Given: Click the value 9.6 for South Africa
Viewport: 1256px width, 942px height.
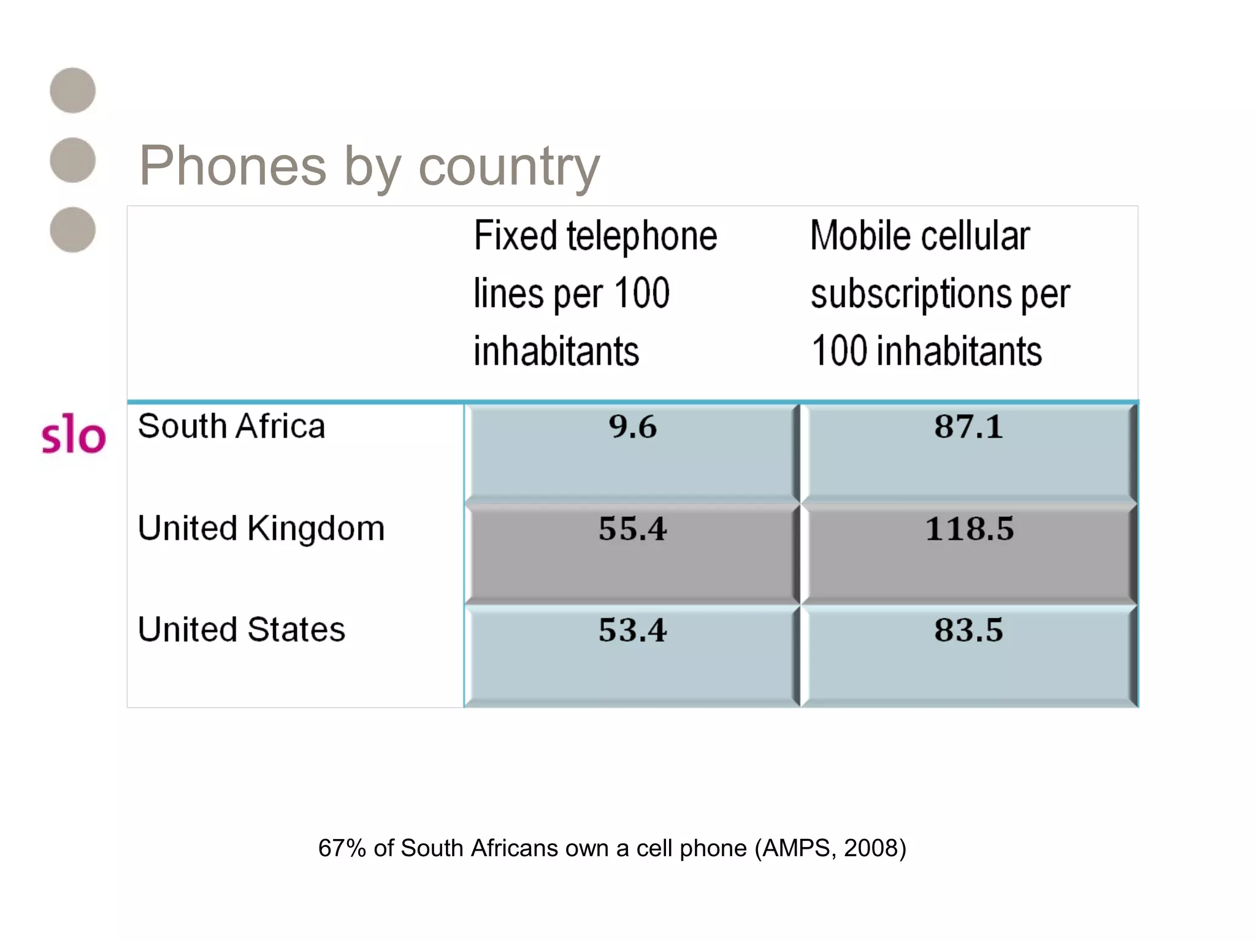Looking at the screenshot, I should click(632, 427).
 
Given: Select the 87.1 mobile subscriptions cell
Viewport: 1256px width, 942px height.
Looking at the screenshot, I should click(968, 427).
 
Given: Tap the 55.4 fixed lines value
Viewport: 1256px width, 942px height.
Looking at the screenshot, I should click(632, 529).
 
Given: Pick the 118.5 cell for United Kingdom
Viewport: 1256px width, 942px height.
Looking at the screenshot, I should click(969, 529).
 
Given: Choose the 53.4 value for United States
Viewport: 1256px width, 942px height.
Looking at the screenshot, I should click(632, 630).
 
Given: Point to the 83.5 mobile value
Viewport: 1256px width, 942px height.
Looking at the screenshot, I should click(968, 630).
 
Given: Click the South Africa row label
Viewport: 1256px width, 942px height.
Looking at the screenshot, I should click(231, 426).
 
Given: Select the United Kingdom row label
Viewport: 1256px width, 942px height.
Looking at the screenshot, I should click(261, 529).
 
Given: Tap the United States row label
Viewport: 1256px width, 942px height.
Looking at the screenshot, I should click(242, 630).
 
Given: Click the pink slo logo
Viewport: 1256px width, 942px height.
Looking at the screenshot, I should click(74, 434).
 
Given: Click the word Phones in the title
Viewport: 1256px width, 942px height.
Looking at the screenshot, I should click(233, 166).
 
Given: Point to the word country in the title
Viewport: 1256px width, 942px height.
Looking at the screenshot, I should click(508, 167).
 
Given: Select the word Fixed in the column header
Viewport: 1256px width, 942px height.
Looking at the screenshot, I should click(515, 236).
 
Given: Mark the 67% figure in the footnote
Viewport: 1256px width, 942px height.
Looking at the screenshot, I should click(342, 848).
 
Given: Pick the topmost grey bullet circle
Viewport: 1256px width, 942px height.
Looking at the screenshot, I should click(73, 91).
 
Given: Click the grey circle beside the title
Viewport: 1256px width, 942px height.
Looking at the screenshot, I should click(73, 160).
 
